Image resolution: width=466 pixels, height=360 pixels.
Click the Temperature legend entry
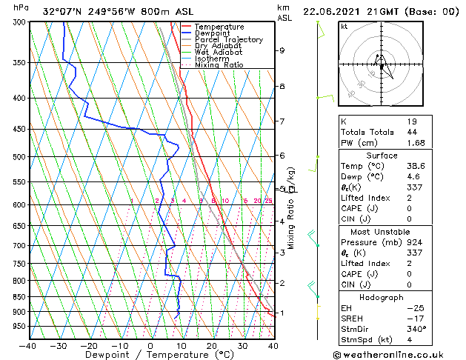tap(219, 27)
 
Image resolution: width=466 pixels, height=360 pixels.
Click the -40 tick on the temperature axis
tap(28, 345)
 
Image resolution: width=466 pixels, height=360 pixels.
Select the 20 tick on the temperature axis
tap(211, 345)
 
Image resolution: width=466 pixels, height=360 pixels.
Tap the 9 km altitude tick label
tap(282, 50)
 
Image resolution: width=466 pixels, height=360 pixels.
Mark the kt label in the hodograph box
tap(344, 27)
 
